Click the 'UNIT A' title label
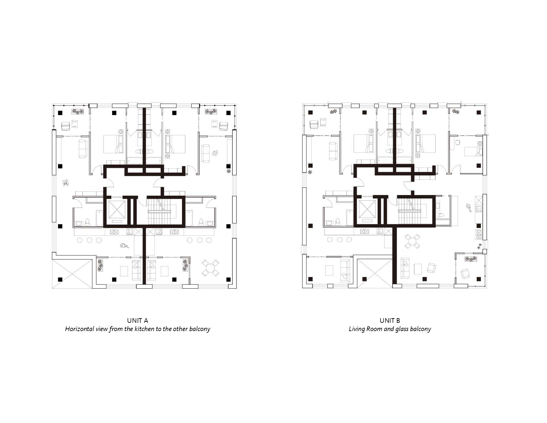coord(138,320)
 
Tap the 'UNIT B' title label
coord(390,320)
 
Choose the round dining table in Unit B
coord(412,241)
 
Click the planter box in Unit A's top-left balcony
coord(78,111)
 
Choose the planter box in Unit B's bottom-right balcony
coord(471,259)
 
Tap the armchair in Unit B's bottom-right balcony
coord(465,273)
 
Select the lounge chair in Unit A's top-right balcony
coord(223,126)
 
